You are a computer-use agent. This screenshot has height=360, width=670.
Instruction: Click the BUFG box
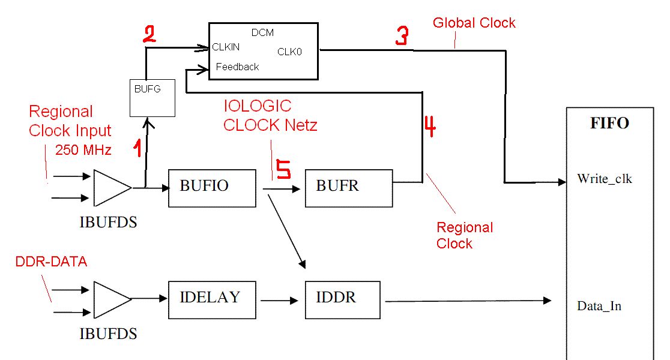click(x=152, y=97)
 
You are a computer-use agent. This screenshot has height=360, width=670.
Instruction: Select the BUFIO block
click(x=212, y=188)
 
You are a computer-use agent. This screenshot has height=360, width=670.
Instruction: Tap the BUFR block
click(x=348, y=188)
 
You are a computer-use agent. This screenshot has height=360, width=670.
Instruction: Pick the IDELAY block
click(x=212, y=299)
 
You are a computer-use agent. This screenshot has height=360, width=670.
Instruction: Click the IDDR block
click(x=342, y=299)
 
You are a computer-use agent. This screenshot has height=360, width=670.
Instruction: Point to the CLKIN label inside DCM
click(x=226, y=47)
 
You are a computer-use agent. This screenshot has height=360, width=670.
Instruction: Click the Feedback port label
click(x=237, y=67)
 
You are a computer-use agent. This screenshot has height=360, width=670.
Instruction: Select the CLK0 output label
click(x=289, y=52)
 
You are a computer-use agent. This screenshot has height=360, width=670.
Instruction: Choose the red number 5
click(x=283, y=169)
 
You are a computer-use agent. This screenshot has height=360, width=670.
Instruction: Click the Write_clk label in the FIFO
click(x=604, y=179)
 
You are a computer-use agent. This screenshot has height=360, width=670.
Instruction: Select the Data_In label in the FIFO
click(x=599, y=306)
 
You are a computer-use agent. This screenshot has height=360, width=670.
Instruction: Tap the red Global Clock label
click(x=474, y=23)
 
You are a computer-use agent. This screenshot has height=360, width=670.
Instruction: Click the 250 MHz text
click(x=83, y=150)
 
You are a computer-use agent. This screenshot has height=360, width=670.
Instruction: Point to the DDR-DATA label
click(x=51, y=262)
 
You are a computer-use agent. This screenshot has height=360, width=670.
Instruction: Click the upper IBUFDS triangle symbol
click(x=112, y=188)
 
